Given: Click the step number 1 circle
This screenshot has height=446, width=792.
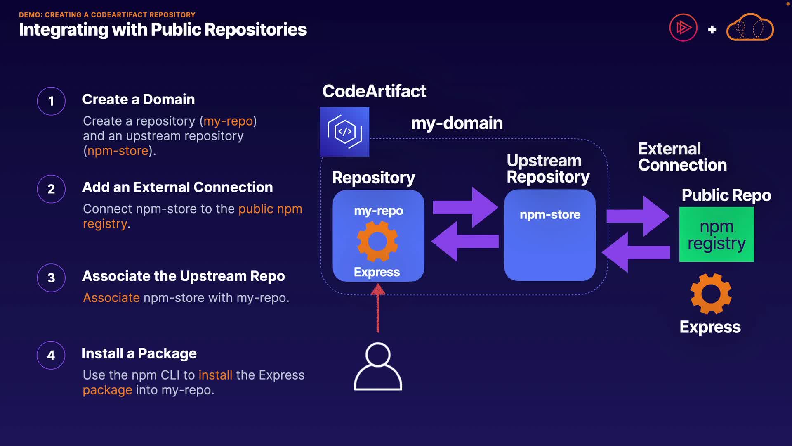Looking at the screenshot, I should click(51, 101).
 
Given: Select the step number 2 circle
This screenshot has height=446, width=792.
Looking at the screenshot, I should click(51, 189).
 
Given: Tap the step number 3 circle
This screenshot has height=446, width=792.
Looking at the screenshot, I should click(51, 278).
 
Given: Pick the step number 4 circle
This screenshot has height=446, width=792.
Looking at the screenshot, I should click(51, 355).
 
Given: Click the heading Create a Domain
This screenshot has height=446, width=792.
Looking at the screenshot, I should click(139, 100).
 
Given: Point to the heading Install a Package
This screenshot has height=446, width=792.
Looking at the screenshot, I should click(139, 353).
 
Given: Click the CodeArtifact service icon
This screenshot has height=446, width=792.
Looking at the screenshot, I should click(344, 132).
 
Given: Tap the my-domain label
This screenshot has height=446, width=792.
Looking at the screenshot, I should click(457, 123).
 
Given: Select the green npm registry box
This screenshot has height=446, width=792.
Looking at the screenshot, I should click(717, 235).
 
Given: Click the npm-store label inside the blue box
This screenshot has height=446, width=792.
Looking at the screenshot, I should click(550, 215).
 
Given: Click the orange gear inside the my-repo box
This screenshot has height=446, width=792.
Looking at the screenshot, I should click(377, 241).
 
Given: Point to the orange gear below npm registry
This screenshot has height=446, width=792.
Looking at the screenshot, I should click(711, 294).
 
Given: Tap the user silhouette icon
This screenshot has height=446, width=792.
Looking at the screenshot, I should click(378, 367).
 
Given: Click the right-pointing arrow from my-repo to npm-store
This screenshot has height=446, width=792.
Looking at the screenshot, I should click(465, 207).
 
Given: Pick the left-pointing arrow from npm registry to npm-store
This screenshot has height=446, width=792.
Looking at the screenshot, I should click(636, 252).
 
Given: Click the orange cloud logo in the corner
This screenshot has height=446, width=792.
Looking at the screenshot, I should click(750, 28).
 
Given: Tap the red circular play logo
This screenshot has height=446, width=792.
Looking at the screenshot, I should click(683, 28).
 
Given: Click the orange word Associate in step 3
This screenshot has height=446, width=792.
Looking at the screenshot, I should click(111, 298).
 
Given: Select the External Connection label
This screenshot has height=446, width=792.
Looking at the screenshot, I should click(682, 157).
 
